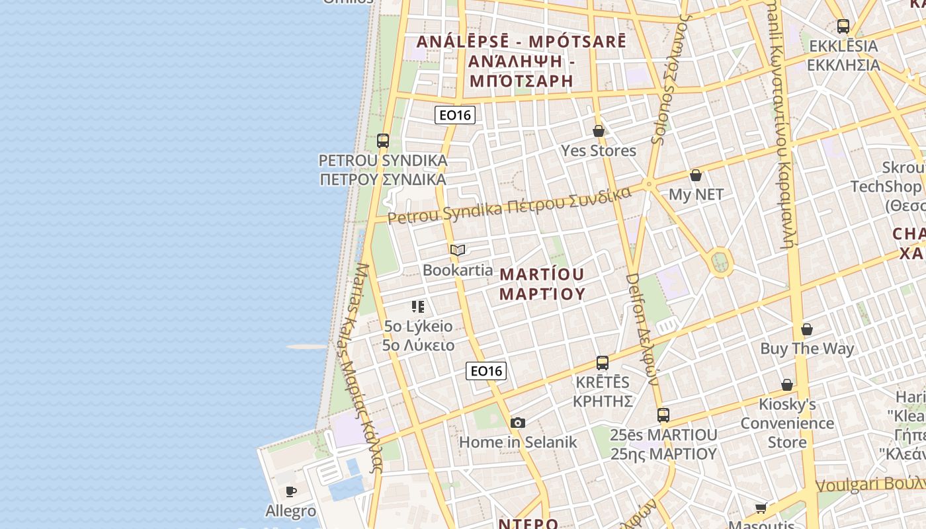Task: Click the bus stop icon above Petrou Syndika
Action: point(383,141)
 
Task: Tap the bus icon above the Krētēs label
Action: point(603,362)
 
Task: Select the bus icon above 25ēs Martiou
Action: point(663,415)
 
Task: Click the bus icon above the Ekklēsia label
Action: point(843,26)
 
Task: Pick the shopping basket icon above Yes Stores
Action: point(599,131)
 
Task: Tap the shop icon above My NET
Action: point(696,175)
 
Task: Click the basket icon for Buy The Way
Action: point(807,329)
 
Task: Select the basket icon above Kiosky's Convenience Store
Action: point(787,385)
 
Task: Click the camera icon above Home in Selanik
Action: point(518,423)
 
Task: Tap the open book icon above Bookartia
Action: point(458,250)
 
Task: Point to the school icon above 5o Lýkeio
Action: point(418,307)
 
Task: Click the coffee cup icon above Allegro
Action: point(290,491)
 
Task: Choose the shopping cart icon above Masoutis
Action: point(761,509)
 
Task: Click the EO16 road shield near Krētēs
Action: point(486,371)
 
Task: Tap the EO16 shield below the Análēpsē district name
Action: point(455,115)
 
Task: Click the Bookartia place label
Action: point(458,270)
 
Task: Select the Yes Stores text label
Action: point(599,151)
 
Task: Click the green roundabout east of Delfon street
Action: point(721,263)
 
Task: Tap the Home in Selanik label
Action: point(518,442)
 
